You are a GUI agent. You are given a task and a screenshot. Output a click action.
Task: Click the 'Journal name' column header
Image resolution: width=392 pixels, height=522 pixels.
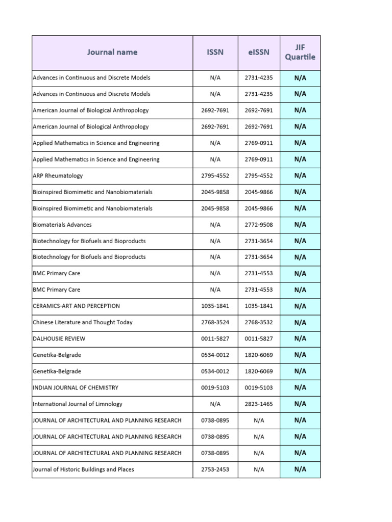coord(112,52)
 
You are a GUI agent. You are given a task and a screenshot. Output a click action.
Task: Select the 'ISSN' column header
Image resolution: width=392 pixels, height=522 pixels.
coord(215,52)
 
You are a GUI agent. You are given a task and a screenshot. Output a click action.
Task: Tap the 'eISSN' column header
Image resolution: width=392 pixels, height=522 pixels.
coord(259,52)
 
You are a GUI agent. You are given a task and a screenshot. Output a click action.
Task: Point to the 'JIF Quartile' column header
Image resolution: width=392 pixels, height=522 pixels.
coord(300,52)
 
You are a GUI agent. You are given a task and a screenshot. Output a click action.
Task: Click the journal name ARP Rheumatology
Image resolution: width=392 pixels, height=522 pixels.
coord(58,176)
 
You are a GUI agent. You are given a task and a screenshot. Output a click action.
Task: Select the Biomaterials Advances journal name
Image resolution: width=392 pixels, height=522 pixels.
coord(62,225)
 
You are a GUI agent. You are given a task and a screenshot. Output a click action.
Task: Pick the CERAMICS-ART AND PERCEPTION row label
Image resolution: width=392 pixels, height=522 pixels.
coord(76,306)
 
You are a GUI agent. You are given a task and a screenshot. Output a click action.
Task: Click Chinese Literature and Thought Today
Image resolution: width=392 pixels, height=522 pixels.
coord(82,322)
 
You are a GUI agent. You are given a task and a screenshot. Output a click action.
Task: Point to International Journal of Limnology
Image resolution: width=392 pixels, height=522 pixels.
coord(77,404)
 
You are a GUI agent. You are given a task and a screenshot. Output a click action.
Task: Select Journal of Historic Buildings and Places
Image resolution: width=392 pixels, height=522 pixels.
coord(83,469)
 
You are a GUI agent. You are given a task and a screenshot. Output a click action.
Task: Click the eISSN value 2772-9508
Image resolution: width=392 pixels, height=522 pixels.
coord(259,225)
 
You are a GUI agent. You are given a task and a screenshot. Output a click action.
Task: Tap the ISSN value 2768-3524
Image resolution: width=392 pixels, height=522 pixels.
coord(215,322)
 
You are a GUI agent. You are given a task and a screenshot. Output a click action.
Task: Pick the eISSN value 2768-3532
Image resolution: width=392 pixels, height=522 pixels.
coord(259,322)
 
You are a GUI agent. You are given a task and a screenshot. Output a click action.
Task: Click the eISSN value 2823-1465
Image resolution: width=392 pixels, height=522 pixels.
coord(259,404)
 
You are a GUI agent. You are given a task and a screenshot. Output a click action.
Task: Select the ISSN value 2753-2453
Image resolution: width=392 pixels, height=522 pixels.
coord(215,469)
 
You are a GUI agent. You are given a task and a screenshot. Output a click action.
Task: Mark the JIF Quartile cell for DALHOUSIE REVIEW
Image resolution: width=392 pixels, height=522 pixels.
coord(300,338)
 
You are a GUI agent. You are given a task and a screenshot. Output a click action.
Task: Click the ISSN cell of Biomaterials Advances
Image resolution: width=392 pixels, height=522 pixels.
coord(215,225)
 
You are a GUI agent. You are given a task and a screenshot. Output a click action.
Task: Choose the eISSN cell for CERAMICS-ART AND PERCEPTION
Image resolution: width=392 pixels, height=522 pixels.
coord(259,306)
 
